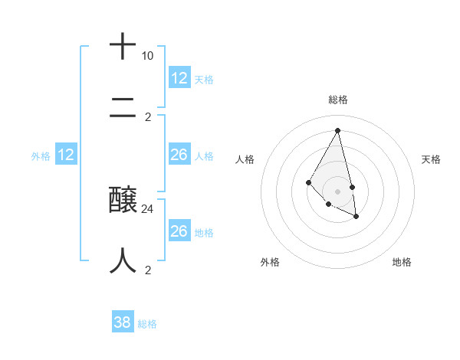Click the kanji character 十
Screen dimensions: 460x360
[123, 47]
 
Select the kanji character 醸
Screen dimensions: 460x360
[123, 201]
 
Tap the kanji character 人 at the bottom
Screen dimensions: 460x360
[123, 260]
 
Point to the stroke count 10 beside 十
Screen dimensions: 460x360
[147, 56]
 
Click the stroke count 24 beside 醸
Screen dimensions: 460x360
[148, 208]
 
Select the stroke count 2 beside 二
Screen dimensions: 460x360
[148, 117]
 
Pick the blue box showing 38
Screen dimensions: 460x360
[123, 322]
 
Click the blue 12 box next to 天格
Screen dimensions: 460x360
[179, 78]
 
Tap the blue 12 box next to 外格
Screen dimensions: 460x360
[66, 155]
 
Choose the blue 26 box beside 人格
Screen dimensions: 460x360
[179, 155]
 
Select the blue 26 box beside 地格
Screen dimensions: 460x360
[179, 231]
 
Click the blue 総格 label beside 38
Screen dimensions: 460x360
[147, 324]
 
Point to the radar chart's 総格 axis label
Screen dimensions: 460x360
[337, 100]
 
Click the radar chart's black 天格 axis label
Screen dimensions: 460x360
[431, 159]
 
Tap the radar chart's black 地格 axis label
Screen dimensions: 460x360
[402, 262]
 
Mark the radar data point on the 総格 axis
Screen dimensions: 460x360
[337, 130]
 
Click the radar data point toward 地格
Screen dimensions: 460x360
[356, 218]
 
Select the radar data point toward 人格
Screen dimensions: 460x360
[308, 182]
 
